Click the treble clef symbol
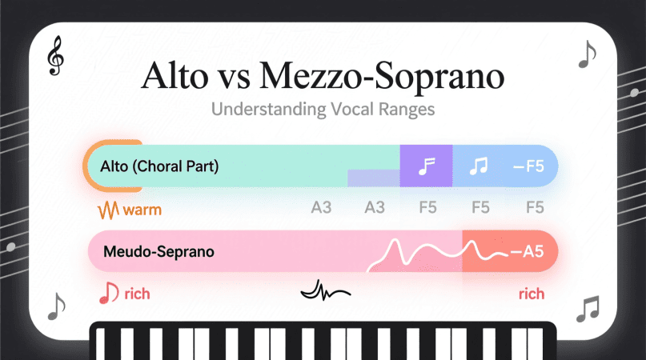55,56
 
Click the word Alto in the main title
175,76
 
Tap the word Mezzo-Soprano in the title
382,77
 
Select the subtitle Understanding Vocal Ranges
323,110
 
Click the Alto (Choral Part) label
159,166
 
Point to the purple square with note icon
426,166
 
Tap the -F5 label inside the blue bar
528,166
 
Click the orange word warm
142,210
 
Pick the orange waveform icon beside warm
108,210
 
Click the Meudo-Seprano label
158,252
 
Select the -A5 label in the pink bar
528,252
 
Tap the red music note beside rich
109,293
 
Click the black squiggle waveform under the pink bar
326,290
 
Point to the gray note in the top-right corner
587,54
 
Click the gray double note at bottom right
588,309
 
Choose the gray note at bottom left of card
57,306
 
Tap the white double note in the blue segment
479,166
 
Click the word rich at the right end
532,294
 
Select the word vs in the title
234,78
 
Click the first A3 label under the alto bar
321,207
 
